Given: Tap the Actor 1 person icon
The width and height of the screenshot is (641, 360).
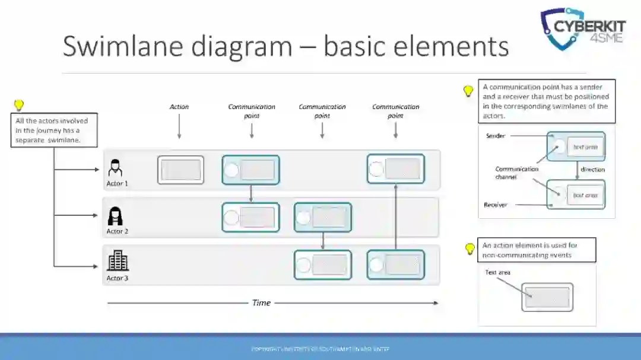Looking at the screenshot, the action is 115,167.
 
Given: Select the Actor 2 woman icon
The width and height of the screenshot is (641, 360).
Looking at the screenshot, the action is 116,216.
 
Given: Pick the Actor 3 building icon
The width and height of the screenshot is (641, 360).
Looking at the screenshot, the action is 118,260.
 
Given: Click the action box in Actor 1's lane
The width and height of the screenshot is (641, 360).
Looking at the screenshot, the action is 180,170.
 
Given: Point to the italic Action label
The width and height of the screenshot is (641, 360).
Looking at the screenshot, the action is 179,107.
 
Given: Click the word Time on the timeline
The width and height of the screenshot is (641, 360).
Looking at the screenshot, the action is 261,302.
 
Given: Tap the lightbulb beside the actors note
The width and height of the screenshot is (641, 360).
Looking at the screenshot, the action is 19,105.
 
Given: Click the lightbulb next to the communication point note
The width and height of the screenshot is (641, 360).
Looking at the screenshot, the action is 468,91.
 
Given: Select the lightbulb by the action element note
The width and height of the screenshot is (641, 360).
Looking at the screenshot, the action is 470,249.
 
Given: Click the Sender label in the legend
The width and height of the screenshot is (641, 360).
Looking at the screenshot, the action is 496,136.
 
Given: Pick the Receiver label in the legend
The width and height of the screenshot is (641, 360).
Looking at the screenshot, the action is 496,205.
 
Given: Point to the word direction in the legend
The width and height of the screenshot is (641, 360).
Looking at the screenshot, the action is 592,170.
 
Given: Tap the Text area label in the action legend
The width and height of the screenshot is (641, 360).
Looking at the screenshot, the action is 497,273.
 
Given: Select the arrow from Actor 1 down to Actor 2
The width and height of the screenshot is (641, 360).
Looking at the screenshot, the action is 251,193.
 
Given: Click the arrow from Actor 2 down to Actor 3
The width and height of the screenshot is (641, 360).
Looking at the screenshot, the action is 322,241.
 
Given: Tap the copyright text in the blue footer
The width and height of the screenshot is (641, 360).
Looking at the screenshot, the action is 320,349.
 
